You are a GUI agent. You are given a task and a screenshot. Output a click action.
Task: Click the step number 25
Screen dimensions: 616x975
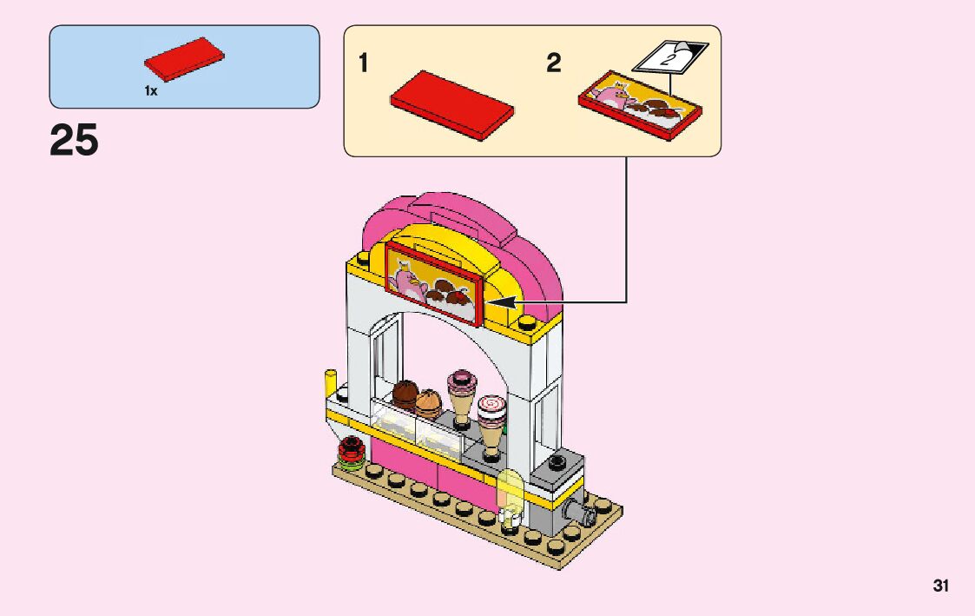pyautogui.click(x=75, y=140)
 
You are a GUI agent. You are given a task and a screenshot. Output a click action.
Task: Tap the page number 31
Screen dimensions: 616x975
pyautogui.click(x=941, y=586)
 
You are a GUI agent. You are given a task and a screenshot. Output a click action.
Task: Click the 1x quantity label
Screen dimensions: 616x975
pyautogui.click(x=151, y=91)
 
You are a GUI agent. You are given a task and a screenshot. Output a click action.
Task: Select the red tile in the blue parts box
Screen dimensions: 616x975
pyautogui.click(x=184, y=60)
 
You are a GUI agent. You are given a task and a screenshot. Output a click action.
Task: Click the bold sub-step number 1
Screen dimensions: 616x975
pyautogui.click(x=365, y=63)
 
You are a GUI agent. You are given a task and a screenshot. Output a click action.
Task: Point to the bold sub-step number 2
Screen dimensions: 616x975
pyautogui.click(x=554, y=63)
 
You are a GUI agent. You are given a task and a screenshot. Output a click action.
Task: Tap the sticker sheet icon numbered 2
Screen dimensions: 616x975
pyautogui.click(x=669, y=59)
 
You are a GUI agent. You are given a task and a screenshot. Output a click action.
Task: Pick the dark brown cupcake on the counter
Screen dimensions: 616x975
pyautogui.click(x=405, y=394)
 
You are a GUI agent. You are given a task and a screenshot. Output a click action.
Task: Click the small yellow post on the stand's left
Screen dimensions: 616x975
pyautogui.click(x=330, y=382)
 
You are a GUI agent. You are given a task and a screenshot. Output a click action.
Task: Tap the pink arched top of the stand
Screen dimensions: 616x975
pyautogui.click(x=451, y=213)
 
